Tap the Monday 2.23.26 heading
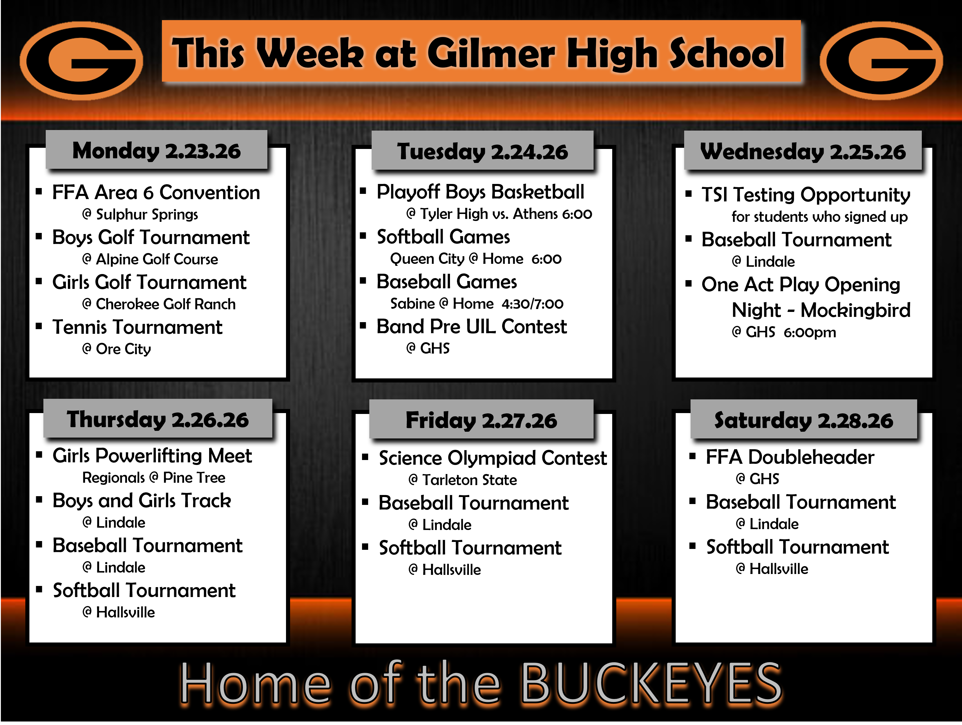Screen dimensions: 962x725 tap(157, 151)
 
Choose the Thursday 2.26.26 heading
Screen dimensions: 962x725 tap(158, 420)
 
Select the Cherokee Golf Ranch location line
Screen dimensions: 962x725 tap(159, 304)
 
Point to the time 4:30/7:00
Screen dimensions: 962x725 tap(532, 304)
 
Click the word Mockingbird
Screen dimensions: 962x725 tap(855, 310)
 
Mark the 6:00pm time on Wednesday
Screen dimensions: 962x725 tap(810, 332)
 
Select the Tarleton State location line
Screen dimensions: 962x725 tap(463, 480)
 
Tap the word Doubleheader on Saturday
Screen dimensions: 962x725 tap(811, 457)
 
